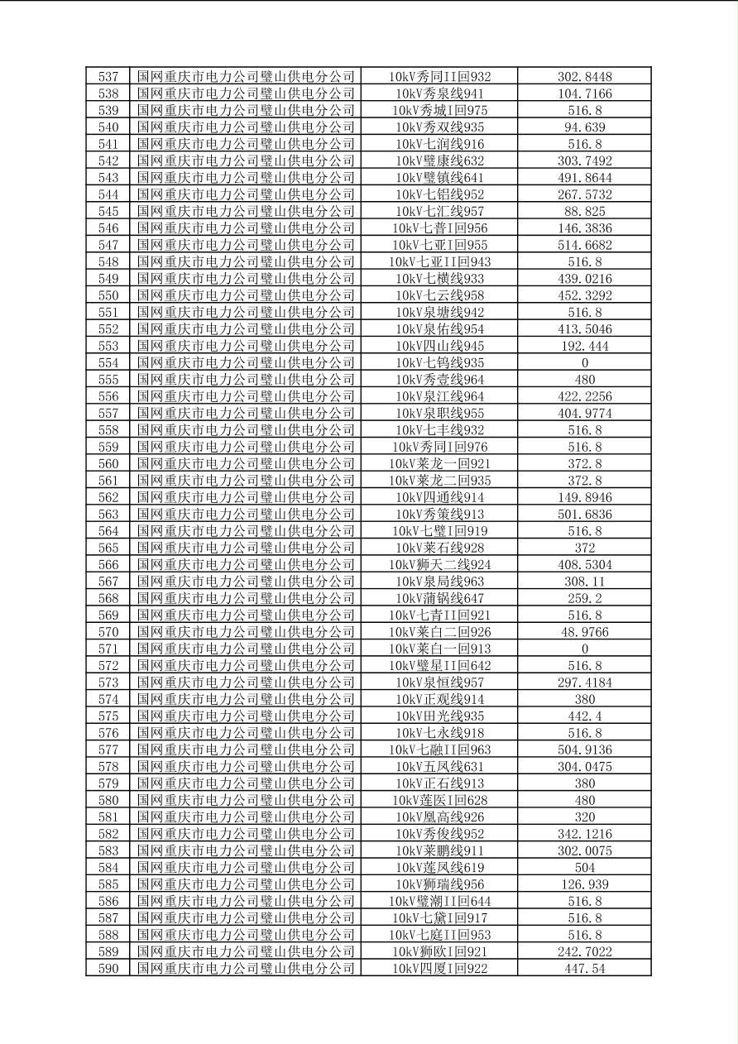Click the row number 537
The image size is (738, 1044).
click(x=108, y=77)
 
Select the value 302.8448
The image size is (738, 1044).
click(x=584, y=77)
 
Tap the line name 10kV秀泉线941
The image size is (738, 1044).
click(x=439, y=93)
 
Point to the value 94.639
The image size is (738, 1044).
click(x=584, y=127)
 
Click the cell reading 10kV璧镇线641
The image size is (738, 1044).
click(x=439, y=178)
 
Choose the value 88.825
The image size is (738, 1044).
click(x=584, y=212)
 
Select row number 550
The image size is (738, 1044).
click(x=108, y=295)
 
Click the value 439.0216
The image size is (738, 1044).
click(x=584, y=279)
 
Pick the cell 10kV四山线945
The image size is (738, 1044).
click(x=439, y=346)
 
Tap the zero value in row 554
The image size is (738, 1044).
click(x=584, y=363)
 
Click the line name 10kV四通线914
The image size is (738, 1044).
click(x=439, y=497)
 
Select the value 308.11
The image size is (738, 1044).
click(x=584, y=582)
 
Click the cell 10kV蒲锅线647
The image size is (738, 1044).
click(x=439, y=598)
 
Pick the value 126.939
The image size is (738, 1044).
click(x=584, y=884)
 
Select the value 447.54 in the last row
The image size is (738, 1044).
click(x=584, y=969)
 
